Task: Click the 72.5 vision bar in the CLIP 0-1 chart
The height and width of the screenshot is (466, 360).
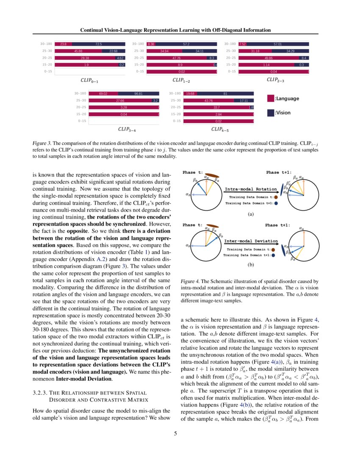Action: click(99, 44)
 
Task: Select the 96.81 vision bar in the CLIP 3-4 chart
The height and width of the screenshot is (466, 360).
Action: click(138, 93)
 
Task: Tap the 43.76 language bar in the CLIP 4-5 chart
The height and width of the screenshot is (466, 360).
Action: click(208, 100)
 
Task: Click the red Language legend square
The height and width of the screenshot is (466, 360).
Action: click(270, 98)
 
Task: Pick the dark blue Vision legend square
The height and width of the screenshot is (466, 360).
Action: click(270, 113)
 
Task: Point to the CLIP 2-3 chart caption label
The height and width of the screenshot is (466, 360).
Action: click(275, 80)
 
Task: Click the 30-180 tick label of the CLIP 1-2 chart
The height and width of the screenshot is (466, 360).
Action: click(139, 44)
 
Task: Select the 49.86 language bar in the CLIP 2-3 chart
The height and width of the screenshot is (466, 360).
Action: click(268, 58)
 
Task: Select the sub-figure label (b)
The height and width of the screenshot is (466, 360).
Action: click(250, 266)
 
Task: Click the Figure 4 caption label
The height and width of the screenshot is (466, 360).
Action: click(190, 281)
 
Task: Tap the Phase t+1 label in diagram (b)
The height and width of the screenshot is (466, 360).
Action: click(277, 225)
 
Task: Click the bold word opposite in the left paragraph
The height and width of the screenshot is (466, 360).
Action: click(78, 232)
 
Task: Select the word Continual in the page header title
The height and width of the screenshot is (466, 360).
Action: click(93, 30)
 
